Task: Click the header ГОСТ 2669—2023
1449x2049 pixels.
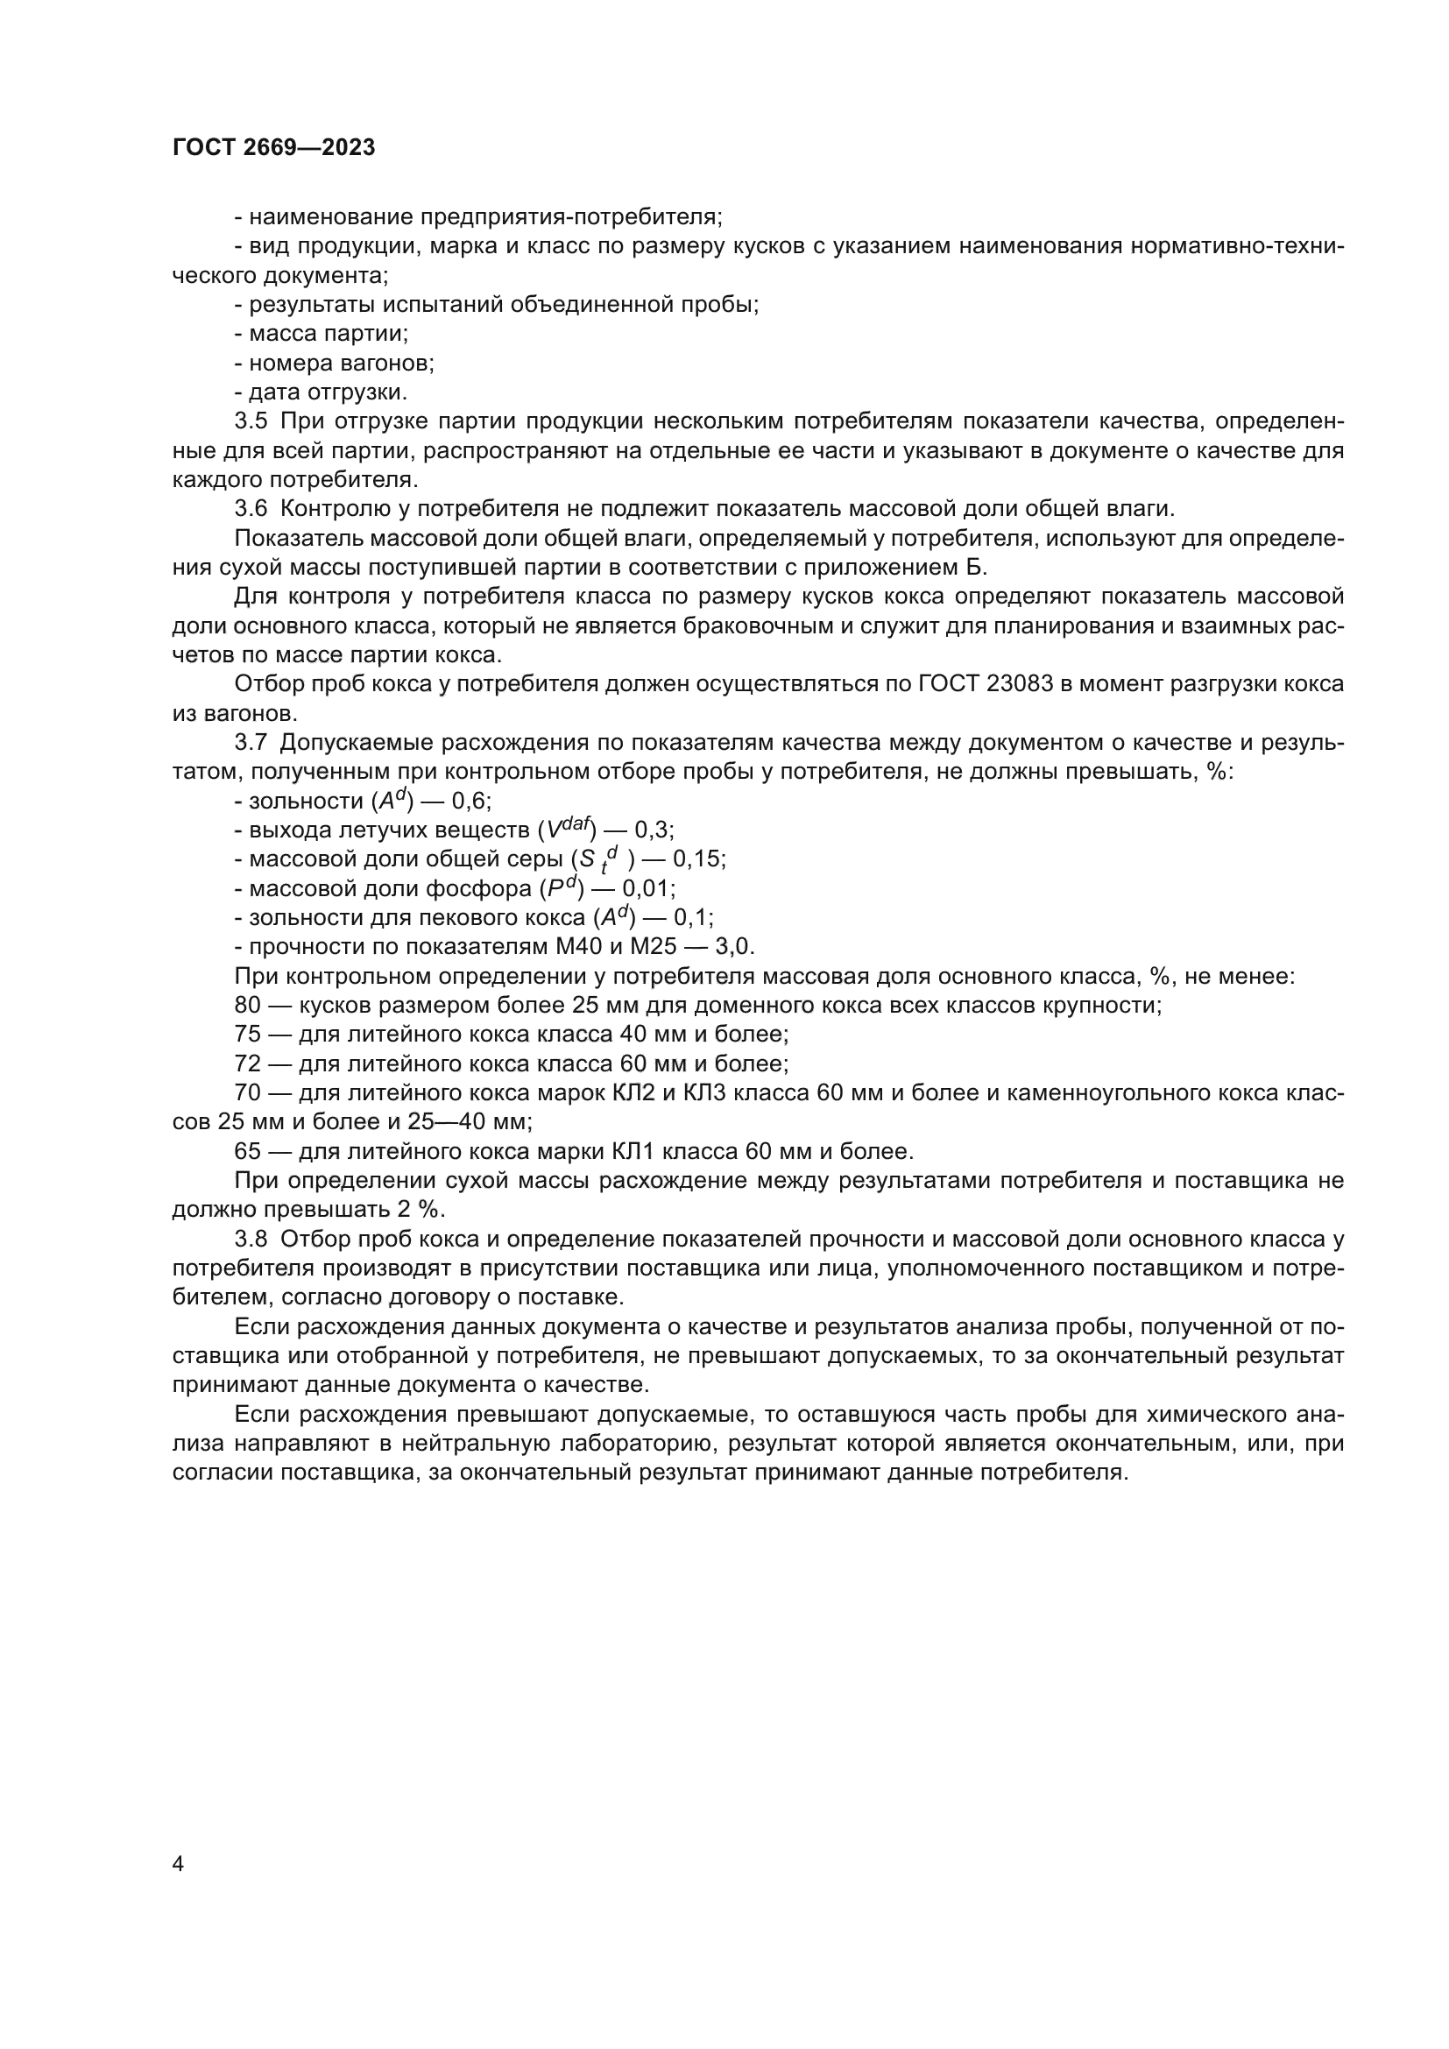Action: (x=273, y=147)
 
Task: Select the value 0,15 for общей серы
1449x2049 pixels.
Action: (x=698, y=858)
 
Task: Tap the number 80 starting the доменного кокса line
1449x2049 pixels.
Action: (x=247, y=1005)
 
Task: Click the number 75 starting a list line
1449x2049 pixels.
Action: (x=247, y=1035)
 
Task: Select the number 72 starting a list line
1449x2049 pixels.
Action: (x=247, y=1063)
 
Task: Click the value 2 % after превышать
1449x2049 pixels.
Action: (x=420, y=1210)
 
